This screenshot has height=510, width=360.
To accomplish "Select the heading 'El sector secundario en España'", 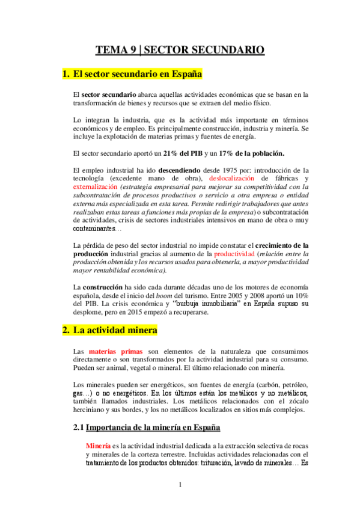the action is (137, 75).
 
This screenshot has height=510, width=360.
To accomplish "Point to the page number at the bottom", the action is (180, 485).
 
